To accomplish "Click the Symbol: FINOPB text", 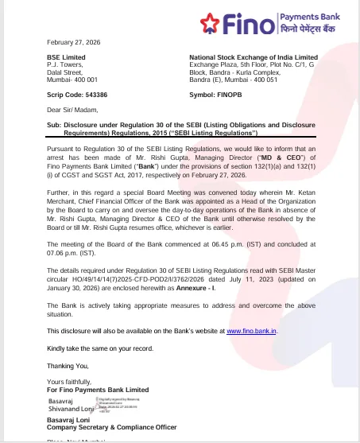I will [217, 95].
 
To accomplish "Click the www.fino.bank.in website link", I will [251, 330].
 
